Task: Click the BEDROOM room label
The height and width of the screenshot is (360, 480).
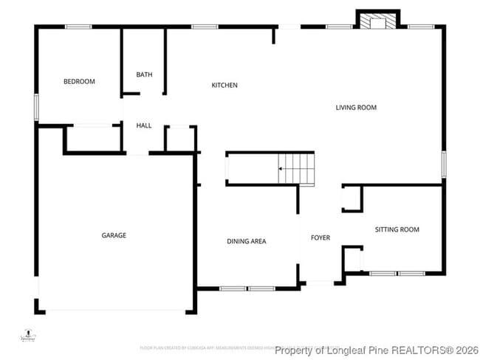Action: pyautogui.click(x=79, y=81)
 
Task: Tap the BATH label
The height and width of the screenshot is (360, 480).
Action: pyautogui.click(x=144, y=75)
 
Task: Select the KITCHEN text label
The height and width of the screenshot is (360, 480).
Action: pyautogui.click(x=224, y=86)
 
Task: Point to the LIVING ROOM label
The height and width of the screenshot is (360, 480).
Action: pyautogui.click(x=356, y=108)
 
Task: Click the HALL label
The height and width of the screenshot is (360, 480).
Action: pyautogui.click(x=144, y=125)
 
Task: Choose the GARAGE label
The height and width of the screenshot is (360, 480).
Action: pyautogui.click(x=114, y=235)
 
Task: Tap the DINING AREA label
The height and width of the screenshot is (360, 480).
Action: pyautogui.click(x=246, y=241)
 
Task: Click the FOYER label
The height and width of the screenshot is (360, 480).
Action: pyautogui.click(x=320, y=238)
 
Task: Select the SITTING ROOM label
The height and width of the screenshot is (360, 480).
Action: pyautogui.click(x=397, y=229)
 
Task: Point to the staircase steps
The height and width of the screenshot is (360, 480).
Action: pyautogui.click(x=295, y=168)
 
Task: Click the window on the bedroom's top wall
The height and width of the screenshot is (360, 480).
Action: pyautogui.click(x=78, y=27)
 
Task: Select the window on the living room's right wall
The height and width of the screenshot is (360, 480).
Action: pyautogui.click(x=444, y=164)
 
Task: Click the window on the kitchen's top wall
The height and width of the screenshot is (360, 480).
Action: pyautogui.click(x=203, y=27)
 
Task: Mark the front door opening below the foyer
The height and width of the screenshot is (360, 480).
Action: pyautogui.click(x=320, y=283)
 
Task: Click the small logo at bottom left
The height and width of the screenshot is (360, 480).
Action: pyautogui.click(x=28, y=334)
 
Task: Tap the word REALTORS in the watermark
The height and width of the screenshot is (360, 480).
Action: pyautogui.click(x=417, y=350)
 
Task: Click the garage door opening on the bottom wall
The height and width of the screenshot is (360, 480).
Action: pyautogui.click(x=115, y=310)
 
